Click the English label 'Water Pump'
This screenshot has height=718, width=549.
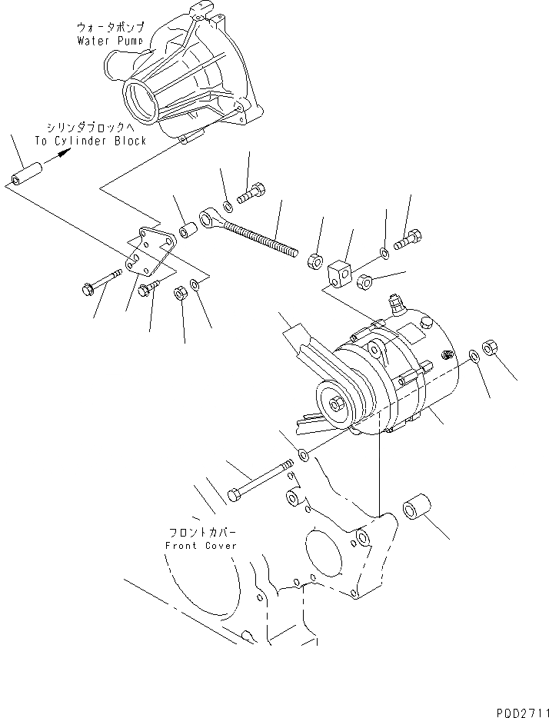[110, 40]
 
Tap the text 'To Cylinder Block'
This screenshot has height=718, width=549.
[90, 141]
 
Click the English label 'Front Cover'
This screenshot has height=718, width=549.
[201, 545]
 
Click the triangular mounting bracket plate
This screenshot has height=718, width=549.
[149, 254]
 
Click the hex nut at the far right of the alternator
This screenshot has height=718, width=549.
[490, 347]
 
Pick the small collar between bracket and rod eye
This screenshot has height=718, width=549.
[186, 231]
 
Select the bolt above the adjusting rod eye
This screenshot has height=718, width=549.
[251, 192]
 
